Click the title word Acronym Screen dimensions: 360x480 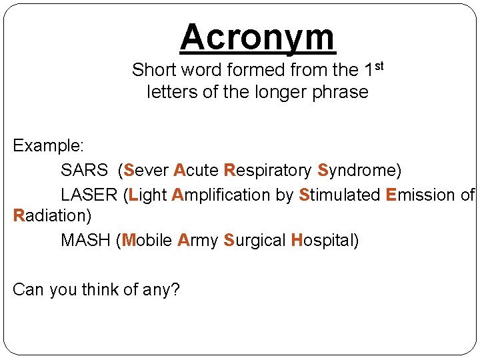pos(257,37)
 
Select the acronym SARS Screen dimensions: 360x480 pos(84,171)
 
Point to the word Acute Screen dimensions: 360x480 pos(196,171)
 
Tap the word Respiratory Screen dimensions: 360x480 pos(268,171)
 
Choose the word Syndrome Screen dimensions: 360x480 pos(357,171)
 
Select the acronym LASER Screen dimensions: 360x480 pos(89,195)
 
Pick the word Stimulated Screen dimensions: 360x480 pos(339,195)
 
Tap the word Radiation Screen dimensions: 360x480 pos(50,215)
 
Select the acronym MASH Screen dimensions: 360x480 pos(85,240)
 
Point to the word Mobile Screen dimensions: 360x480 pos(147,240)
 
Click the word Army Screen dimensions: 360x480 pos(198,241)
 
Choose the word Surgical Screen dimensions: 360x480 pos(255,241)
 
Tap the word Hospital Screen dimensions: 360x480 pos(323,241)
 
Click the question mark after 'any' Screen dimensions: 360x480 pos(176,289)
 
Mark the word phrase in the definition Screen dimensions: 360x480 pos(341,92)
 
